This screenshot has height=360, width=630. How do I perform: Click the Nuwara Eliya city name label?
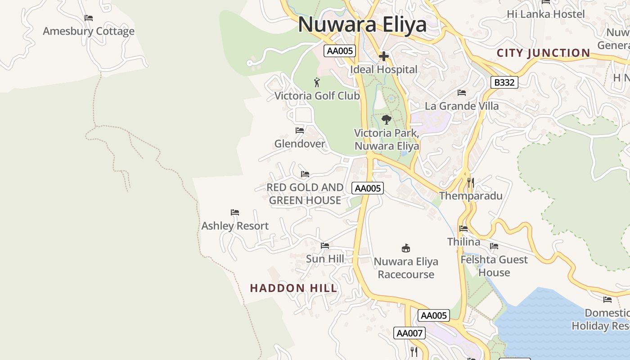(362, 24)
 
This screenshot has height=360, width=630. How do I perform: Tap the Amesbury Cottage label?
(89, 31)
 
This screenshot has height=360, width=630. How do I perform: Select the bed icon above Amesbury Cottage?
(89, 18)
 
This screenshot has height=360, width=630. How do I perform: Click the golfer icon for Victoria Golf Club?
(317, 82)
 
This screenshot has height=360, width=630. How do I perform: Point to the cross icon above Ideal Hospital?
(384, 56)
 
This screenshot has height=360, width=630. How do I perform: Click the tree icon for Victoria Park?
(386, 119)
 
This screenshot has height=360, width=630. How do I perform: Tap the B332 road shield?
(504, 82)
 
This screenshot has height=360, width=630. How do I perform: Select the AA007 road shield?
(409, 333)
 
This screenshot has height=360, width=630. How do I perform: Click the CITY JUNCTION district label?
(543, 53)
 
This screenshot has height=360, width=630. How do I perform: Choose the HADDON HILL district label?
(293, 288)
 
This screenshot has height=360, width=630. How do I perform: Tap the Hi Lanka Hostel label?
(545, 14)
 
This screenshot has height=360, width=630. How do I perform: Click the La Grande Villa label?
(462, 106)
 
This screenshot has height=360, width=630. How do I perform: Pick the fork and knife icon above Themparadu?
(471, 182)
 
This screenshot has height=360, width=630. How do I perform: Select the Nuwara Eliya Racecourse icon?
(406, 248)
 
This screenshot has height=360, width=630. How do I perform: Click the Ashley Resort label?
(235, 226)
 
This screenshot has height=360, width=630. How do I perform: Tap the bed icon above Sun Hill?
(325, 246)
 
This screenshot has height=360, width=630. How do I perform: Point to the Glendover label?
(300, 144)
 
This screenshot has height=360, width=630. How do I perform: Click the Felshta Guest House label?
(494, 266)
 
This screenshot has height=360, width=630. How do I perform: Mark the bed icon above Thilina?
(463, 229)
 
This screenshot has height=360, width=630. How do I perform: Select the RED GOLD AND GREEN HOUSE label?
(305, 194)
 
